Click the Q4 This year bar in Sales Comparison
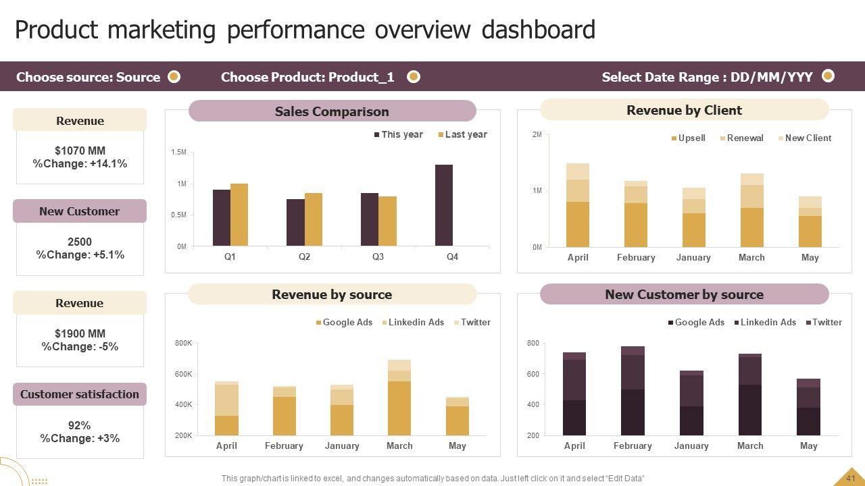coord(443,205)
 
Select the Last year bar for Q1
coord(239,215)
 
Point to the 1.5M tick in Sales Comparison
coord(178,153)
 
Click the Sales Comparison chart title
coord(332,111)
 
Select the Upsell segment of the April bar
coord(578,224)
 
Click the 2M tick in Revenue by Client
coord(537,135)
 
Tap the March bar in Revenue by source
coord(399,398)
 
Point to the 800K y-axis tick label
coord(183,344)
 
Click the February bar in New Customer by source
coord(633,391)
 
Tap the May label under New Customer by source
coord(808,446)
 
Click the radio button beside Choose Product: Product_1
coord(414,77)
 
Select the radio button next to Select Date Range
coord(828,76)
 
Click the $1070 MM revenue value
coord(80,151)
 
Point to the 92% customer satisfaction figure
coord(80,425)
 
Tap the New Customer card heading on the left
coord(79,211)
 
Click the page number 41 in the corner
coord(850,478)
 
